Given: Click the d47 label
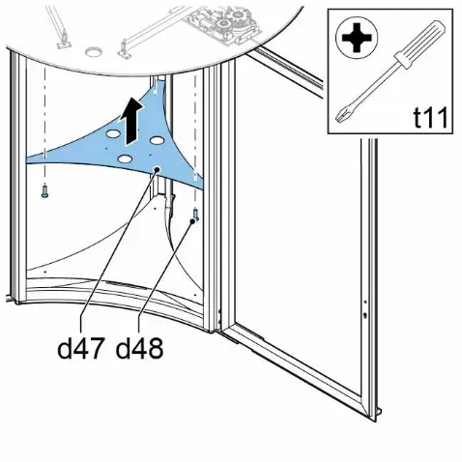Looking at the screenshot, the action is pyautogui.click(x=81, y=348).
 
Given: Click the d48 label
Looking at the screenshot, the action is pyautogui.click(x=139, y=348).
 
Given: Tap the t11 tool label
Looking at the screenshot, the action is pyautogui.click(x=430, y=118).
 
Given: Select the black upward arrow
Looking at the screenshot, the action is pyautogui.click(x=131, y=121).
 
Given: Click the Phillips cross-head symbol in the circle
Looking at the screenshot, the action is pyautogui.click(x=357, y=38).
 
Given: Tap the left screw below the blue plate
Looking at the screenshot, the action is pyautogui.click(x=44, y=190).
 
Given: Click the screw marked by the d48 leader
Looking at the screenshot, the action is pyautogui.click(x=195, y=214).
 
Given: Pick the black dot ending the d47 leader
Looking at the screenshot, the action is pyautogui.click(x=157, y=169).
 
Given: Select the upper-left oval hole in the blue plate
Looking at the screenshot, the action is pyautogui.click(x=112, y=133).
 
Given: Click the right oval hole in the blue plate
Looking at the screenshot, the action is pyautogui.click(x=158, y=140).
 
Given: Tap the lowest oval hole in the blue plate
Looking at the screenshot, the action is pyautogui.click(x=126, y=159).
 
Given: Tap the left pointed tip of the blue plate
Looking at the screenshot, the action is pyautogui.click(x=28, y=159).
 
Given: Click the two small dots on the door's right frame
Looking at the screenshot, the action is pyautogui.click(x=364, y=309).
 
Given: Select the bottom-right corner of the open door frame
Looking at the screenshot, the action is pyautogui.click(x=375, y=419).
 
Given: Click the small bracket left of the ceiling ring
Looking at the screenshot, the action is pyautogui.click(x=64, y=42).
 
